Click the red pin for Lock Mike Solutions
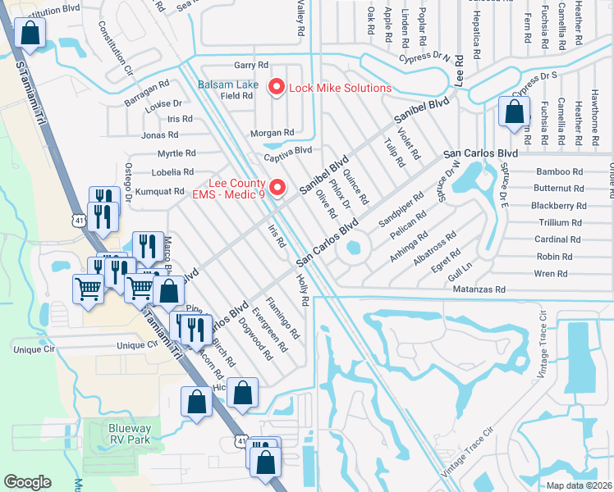pos(277,86)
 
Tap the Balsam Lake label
pos(227,85)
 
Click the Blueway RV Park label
pos(130,434)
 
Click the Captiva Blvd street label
pos(288,150)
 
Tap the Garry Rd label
pos(251,65)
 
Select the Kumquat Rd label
pos(161,191)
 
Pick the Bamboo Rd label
pos(559,172)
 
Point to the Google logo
pos(27,482)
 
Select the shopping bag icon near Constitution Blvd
pos(30,34)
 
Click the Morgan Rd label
pos(277,133)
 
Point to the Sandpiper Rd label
pos(401,211)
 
